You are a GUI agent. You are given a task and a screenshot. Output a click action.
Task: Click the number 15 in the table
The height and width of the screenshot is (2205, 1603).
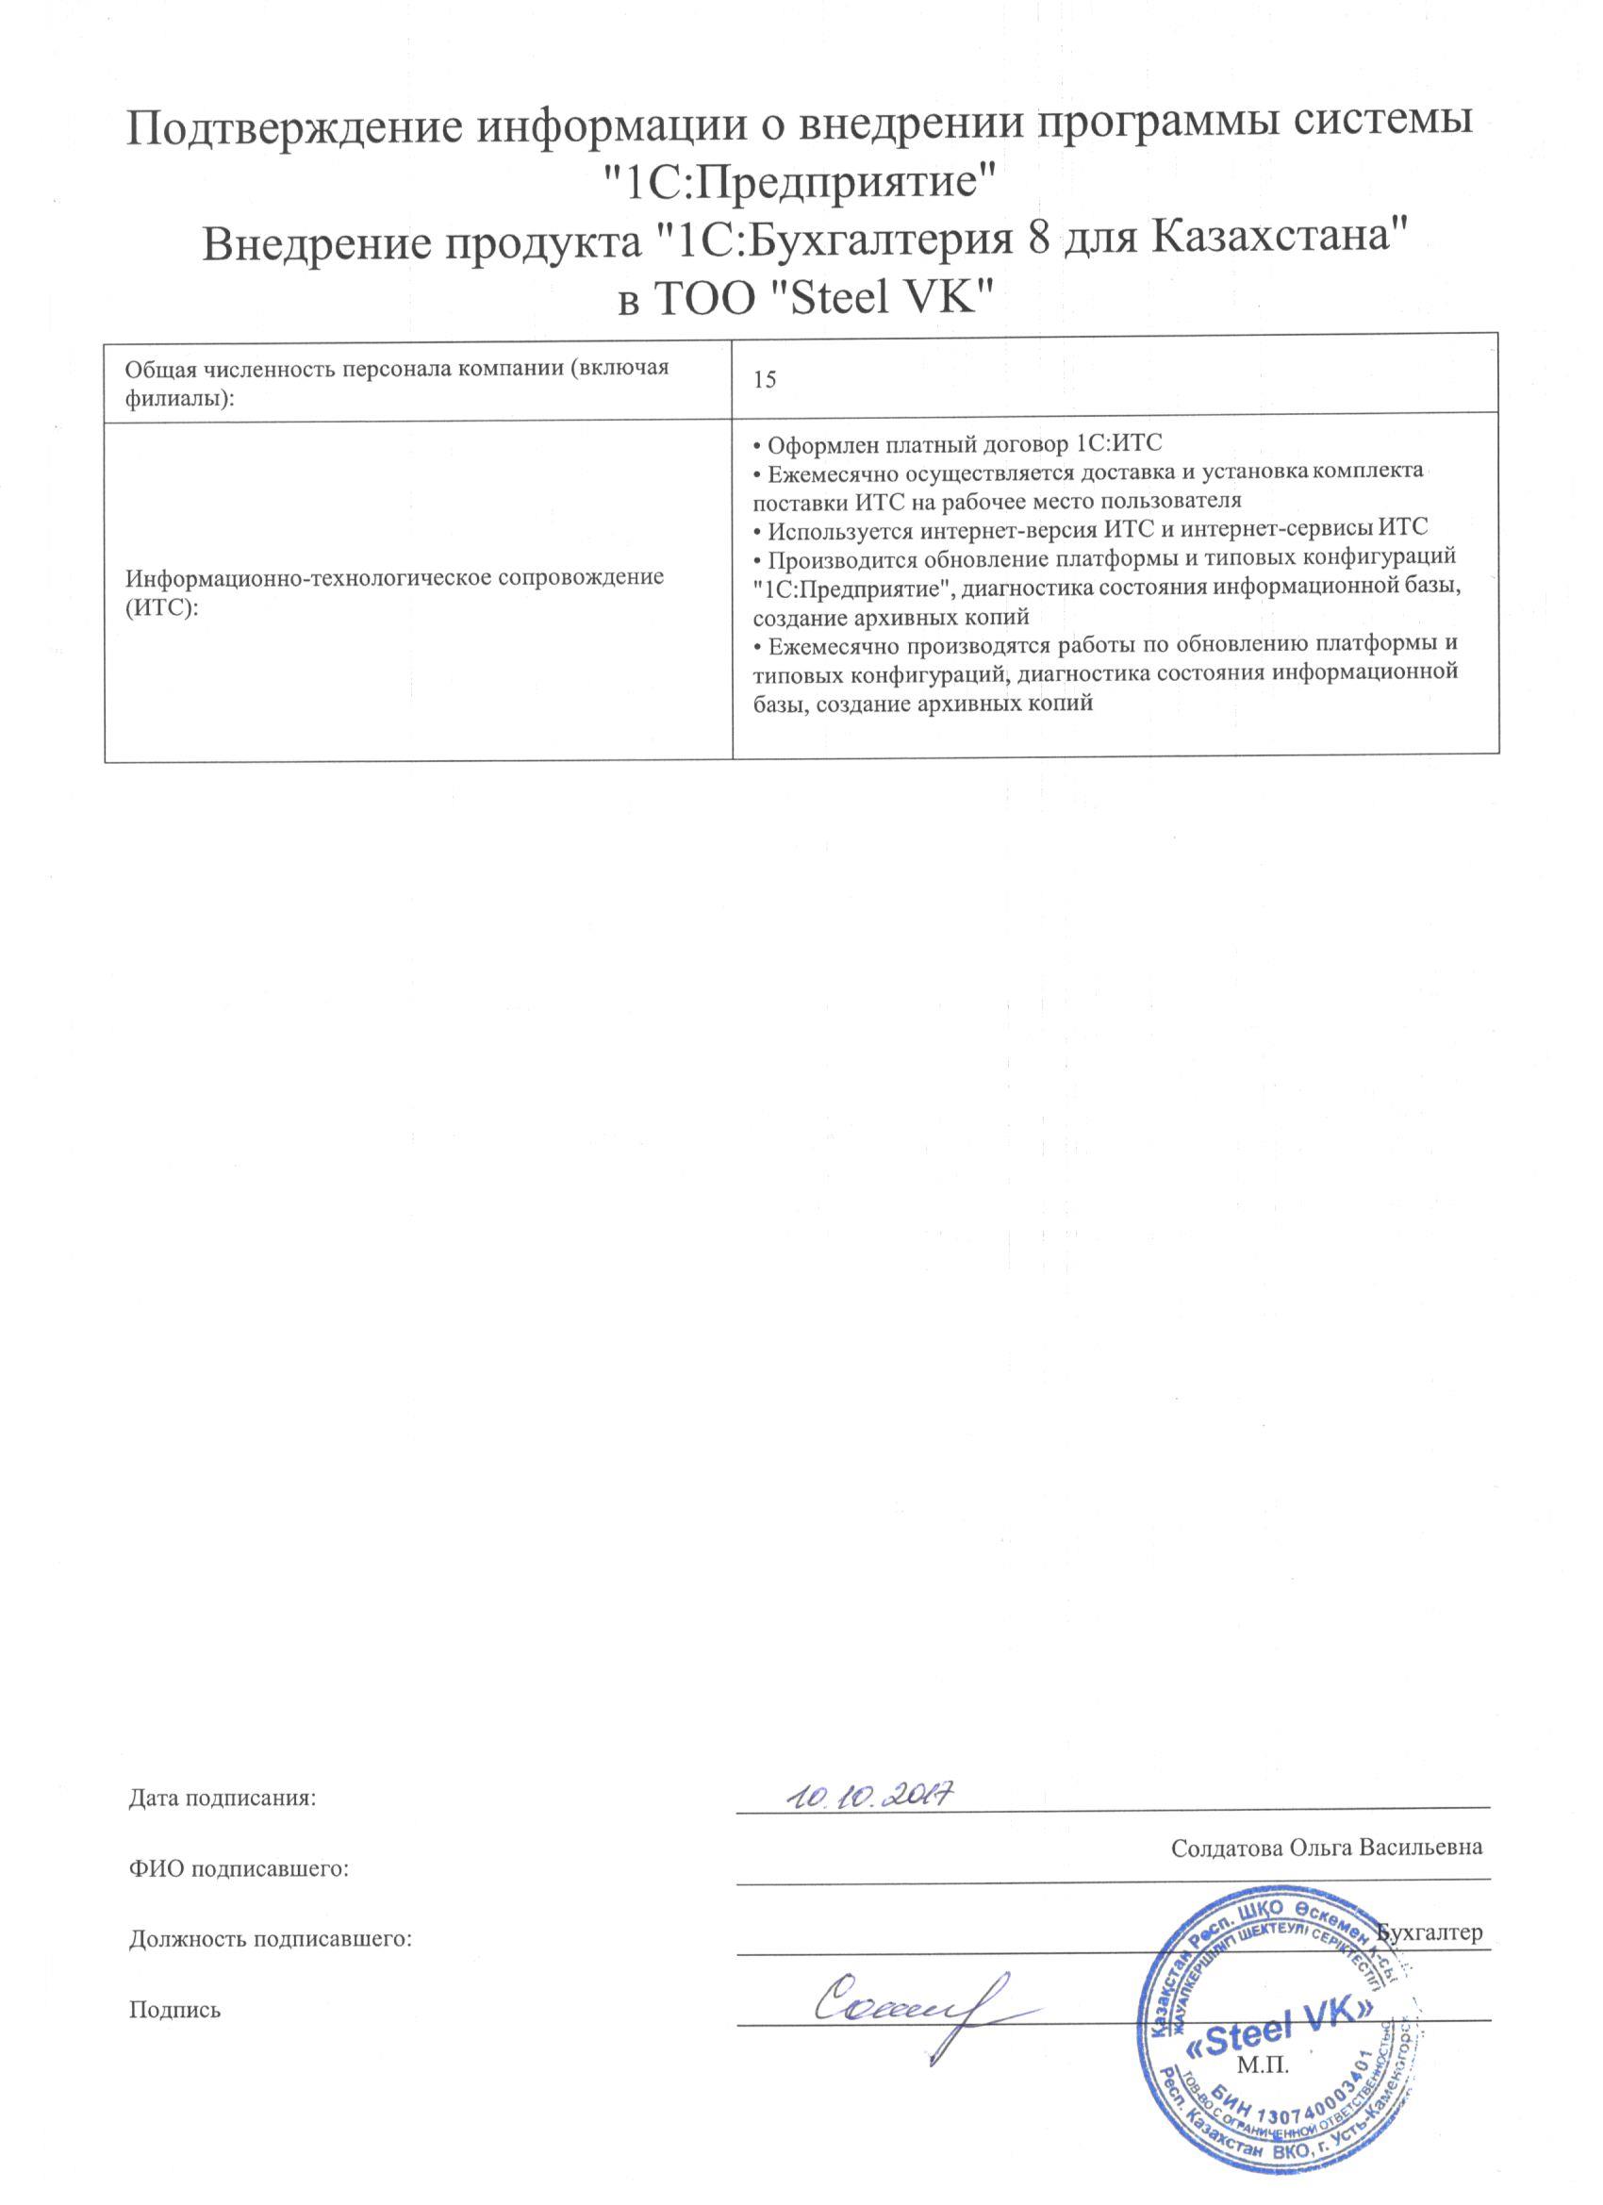point(765,381)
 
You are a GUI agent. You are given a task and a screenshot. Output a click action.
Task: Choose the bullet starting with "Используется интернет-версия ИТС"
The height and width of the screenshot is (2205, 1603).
point(1090,530)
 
